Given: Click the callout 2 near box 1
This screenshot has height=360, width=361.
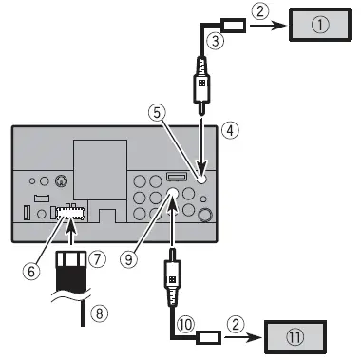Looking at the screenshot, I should (260, 11).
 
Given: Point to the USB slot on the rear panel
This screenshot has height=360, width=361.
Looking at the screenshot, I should (176, 179).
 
